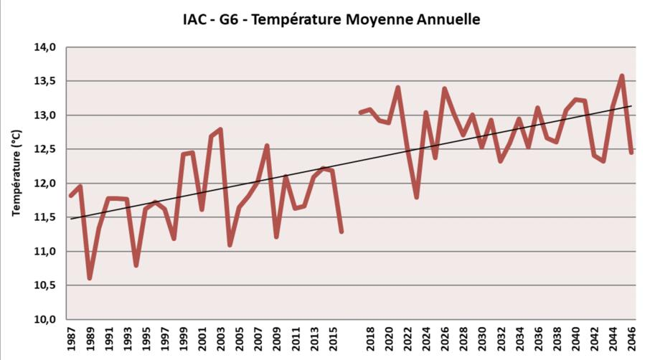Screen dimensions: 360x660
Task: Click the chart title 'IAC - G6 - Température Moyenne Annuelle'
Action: pyautogui.click(x=331, y=19)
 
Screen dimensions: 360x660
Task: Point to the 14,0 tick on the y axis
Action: pyautogui.click(x=45, y=47)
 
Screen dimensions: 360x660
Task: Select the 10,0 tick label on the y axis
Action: pyautogui.click(x=45, y=320)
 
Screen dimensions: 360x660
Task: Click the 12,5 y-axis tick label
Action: pyautogui.click(x=45, y=149)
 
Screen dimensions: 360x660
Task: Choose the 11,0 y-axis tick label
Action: pyautogui.click(x=45, y=252)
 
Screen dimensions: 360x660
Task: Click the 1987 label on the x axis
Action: pyautogui.click(x=71, y=341)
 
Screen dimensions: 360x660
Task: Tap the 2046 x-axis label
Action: pyautogui.click(x=631, y=341)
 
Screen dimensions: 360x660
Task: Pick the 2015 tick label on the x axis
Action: pyautogui.click(x=332, y=341)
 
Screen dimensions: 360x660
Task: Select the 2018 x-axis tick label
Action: pyautogui.click(x=369, y=341)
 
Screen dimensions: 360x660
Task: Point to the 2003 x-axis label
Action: pyautogui.click(x=220, y=341)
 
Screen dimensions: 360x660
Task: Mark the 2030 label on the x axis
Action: pyautogui.click(x=482, y=341)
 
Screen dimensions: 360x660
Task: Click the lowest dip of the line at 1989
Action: pyautogui.click(x=90, y=278)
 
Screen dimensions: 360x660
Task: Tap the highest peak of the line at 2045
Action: pyautogui.click(x=622, y=76)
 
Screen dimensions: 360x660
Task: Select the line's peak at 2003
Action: pyautogui.click(x=220, y=129)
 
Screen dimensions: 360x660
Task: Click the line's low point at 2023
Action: pyautogui.click(x=416, y=196)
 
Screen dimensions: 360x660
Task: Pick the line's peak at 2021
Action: pyautogui.click(x=397, y=87)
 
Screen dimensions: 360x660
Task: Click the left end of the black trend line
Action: pyautogui.click(x=71, y=219)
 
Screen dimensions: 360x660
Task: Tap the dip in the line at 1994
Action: pyautogui.click(x=136, y=265)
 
